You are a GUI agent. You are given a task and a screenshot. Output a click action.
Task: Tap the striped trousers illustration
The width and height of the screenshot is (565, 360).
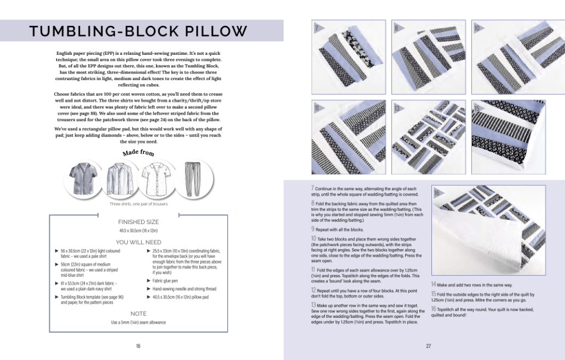click(x=190, y=180)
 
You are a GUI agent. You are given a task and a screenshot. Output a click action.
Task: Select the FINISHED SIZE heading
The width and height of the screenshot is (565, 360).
click(x=139, y=222)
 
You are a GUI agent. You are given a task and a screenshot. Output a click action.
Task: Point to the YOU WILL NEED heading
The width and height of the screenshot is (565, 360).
click(x=139, y=242)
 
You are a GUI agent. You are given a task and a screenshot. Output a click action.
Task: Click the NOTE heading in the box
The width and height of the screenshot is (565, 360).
click(x=139, y=313)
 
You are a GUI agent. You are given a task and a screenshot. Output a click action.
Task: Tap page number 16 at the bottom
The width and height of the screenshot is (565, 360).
click(x=138, y=346)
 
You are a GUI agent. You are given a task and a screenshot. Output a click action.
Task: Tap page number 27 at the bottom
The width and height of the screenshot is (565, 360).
click(x=428, y=346)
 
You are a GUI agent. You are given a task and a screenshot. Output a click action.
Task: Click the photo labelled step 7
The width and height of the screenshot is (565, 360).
click(x=347, y=55)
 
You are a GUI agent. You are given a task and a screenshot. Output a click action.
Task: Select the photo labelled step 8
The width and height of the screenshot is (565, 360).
click(x=429, y=55)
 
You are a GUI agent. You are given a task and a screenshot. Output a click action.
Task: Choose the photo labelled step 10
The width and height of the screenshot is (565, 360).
click(x=508, y=55)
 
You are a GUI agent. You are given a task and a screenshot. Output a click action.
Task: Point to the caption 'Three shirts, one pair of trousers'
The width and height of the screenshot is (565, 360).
click(x=138, y=204)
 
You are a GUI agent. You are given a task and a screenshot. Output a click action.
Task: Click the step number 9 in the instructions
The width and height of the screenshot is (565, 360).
click(x=313, y=228)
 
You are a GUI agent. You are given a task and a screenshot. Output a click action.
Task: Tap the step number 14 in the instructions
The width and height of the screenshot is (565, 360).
click(x=434, y=284)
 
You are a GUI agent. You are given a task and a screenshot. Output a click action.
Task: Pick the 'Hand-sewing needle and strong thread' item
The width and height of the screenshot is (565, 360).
click(x=184, y=289)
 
